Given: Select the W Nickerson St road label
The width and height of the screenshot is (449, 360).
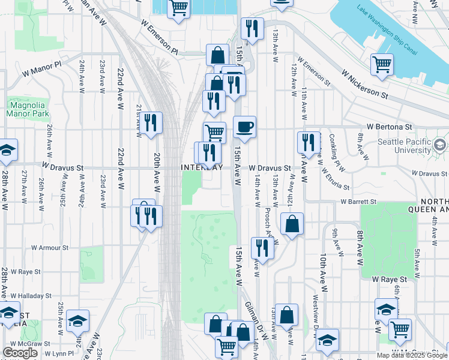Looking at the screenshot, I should click(364, 85).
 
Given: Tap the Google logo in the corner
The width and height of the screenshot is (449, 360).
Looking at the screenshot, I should click(20, 352).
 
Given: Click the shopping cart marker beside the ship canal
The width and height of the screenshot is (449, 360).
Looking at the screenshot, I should click(382, 64).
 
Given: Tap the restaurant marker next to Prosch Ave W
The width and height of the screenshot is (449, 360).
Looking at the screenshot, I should click(262, 247).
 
